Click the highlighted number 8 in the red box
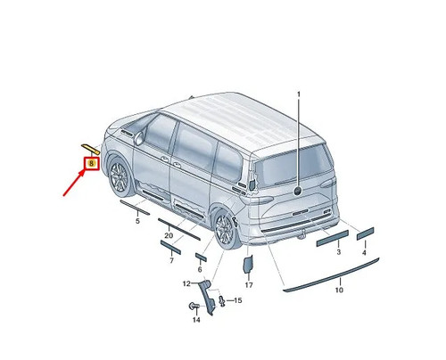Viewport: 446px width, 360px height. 91,163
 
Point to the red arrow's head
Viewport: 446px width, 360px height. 83,173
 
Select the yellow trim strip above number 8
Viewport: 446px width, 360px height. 90,149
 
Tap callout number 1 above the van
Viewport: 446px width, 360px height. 299,94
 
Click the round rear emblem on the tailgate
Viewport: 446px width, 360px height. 298,191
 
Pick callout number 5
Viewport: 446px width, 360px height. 137,221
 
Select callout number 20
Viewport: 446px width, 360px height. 169,235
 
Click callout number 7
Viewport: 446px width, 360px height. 171,261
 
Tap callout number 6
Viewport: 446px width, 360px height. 200,269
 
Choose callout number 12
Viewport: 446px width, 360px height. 186,283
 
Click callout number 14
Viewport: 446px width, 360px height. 196,320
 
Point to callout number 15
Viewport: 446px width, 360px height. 238,300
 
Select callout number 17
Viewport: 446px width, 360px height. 249,285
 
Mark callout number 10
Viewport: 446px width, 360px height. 339,290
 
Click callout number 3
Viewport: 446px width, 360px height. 339,252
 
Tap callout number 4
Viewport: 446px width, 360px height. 364,252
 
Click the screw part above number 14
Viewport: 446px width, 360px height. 194,306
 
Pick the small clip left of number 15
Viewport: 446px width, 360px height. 221,300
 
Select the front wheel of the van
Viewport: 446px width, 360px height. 120,177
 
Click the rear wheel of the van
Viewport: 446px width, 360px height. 225,229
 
